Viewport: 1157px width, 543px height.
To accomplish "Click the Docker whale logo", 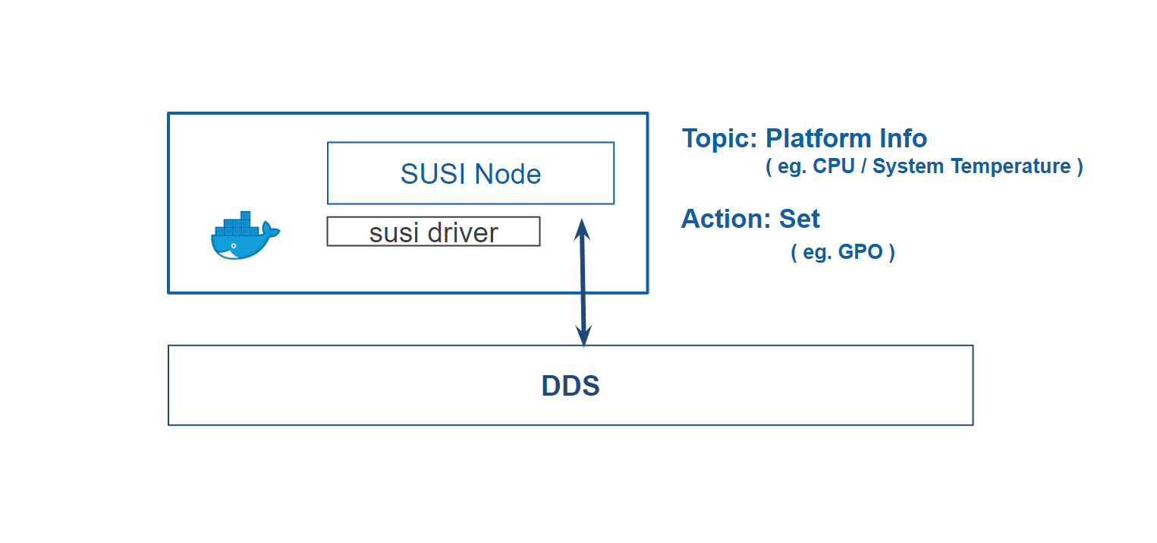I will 244,237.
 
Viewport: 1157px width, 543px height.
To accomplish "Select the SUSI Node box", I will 470,173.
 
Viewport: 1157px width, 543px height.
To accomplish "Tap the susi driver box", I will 433,232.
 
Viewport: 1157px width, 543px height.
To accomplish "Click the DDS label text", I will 571,386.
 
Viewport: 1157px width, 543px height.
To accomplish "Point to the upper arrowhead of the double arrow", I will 580,227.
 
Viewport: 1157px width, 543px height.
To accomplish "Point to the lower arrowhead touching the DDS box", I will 583,336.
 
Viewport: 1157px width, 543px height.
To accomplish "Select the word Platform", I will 819,139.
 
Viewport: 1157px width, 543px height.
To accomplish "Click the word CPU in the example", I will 834,167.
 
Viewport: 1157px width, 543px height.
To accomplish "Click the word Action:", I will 726,219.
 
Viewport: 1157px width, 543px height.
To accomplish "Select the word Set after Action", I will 800,219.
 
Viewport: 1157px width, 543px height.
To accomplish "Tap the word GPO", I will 860,253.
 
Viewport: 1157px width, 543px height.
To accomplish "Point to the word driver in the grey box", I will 461,232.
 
